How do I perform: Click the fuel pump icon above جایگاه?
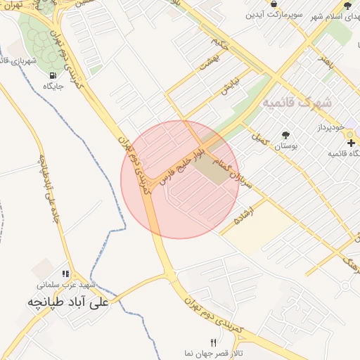tap(52, 75)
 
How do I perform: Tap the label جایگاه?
tap(54, 86)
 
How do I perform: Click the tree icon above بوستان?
tap(285, 135)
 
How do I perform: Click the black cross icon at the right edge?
tap(351, 143)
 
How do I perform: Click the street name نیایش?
tap(231, 86)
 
